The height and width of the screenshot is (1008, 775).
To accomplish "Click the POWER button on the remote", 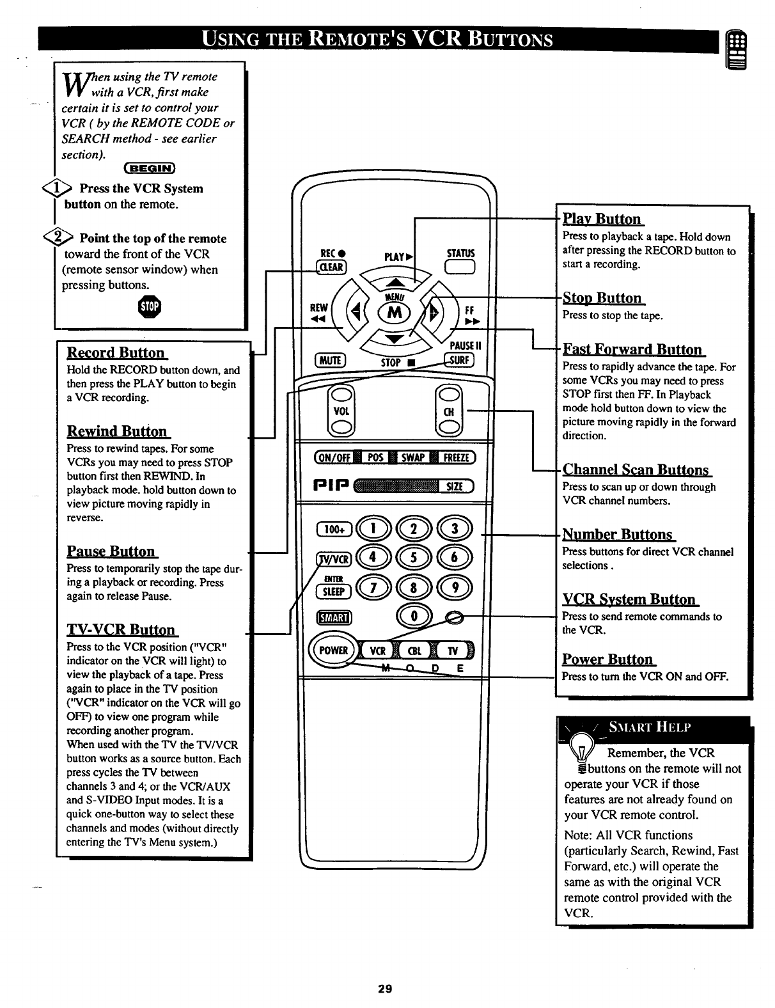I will coord(333,650).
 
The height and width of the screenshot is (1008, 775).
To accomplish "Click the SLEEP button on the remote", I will coord(334,591).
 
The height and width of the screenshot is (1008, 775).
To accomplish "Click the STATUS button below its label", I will coord(460,269).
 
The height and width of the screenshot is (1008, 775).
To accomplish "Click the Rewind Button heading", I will coord(117,431).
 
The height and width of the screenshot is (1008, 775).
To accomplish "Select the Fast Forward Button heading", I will coord(632,349).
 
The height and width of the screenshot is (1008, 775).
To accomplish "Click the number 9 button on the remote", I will coord(455,587).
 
